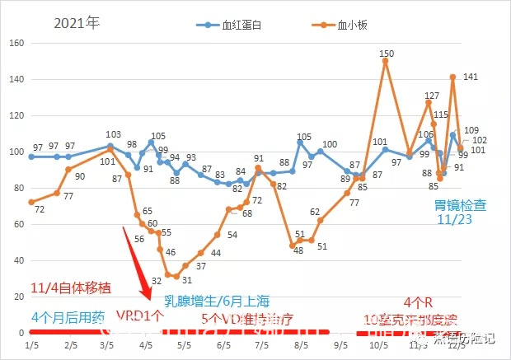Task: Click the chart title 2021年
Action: click(x=76, y=22)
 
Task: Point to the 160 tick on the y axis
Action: click(x=16, y=43)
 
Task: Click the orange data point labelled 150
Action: click(x=385, y=61)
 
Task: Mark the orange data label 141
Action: click(x=471, y=77)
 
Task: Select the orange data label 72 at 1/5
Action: click(x=40, y=208)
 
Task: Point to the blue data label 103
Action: click(x=113, y=134)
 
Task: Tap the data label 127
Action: click(x=431, y=96)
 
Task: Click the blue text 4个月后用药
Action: click(x=68, y=316)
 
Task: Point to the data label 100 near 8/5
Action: click(x=330, y=144)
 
